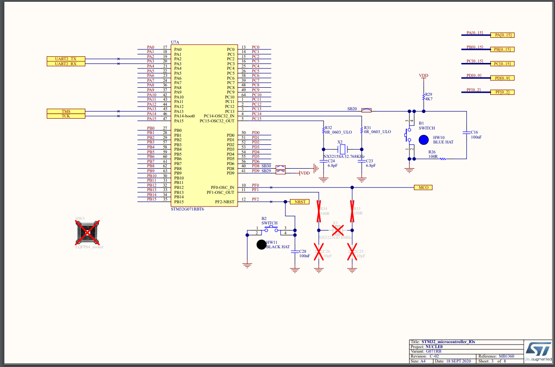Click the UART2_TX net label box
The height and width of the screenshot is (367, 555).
click(66, 59)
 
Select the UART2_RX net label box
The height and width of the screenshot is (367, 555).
click(66, 64)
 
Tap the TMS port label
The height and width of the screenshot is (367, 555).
click(66, 111)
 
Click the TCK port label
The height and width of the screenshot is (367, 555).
click(66, 116)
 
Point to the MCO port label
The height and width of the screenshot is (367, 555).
click(423, 188)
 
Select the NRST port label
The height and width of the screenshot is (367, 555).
click(300, 202)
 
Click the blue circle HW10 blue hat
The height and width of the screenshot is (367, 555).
click(423, 139)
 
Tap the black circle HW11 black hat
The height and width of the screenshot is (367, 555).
click(261, 245)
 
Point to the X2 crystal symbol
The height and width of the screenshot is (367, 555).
click(342, 149)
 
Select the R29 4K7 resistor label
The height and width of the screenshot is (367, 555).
click(428, 97)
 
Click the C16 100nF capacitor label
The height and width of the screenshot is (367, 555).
click(476, 134)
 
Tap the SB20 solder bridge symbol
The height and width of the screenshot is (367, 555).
click(367, 109)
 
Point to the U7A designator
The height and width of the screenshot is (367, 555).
click(175, 42)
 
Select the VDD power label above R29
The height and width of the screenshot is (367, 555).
click(423, 76)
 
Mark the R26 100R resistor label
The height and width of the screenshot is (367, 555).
click(432, 154)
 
